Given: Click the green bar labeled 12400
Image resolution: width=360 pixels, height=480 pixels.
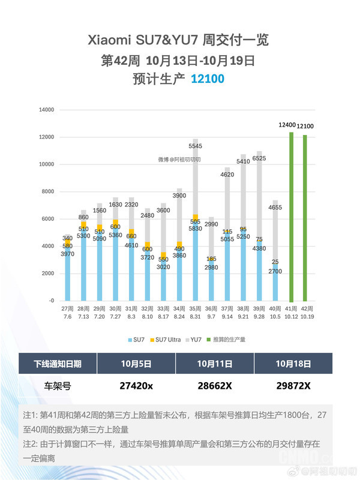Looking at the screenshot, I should tap(291, 216).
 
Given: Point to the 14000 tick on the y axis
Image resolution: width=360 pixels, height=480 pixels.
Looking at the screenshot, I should tap(47, 110).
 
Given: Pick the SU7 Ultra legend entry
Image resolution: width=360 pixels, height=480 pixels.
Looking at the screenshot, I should tap(167, 340).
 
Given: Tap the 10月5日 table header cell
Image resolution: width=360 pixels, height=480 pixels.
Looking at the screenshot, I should tap(136, 364).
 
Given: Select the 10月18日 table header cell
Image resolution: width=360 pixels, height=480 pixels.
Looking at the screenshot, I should tap(293, 364).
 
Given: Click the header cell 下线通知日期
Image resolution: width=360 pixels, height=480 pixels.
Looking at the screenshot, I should tap(58, 364).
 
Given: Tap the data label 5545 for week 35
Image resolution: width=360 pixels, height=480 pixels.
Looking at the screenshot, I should tap(196, 146).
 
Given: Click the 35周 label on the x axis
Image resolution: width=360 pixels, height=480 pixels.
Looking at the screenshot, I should tap(196, 308).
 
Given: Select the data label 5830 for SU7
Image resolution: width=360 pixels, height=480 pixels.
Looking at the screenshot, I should tap(196, 228).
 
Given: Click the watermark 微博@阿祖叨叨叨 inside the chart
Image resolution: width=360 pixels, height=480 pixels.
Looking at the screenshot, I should tap(179, 160).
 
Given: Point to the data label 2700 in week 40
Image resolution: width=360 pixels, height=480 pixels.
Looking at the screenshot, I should tap(275, 271).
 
